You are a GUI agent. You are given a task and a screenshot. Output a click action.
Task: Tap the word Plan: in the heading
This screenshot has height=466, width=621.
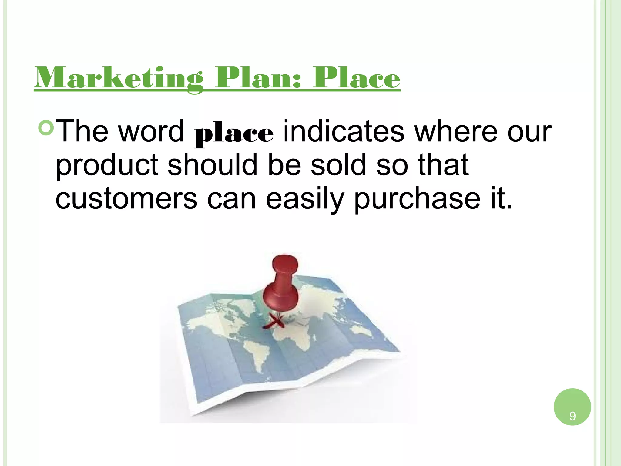tap(258, 78)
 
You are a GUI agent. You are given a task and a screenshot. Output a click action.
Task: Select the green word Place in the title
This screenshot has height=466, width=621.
tap(357, 78)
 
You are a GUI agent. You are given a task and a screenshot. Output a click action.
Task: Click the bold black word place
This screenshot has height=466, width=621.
tap(233, 134)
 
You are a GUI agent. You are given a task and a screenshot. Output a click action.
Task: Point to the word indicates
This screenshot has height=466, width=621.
tap(344, 131)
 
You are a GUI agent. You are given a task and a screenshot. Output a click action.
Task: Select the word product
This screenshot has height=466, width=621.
tap(107, 165)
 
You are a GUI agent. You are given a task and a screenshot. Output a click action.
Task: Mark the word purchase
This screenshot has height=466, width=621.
tap(417, 199)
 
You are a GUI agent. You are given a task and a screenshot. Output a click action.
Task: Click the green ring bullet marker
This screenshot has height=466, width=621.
tap(46, 128)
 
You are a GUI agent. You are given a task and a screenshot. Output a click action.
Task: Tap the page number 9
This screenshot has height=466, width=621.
tap(572, 416)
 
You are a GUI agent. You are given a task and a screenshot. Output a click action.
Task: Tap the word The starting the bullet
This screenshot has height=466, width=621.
tap(82, 131)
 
